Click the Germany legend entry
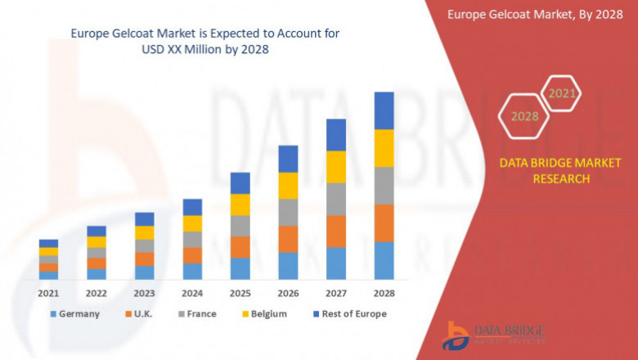coord(75,313)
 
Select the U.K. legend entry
coord(139,313)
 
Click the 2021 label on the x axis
coord(48,293)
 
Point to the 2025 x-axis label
coord(240,293)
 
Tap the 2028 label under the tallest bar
coord(384,293)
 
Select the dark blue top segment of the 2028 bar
coord(384,110)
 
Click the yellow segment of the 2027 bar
coord(336,167)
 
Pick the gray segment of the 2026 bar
coord(288,212)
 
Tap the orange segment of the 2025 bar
coord(240,247)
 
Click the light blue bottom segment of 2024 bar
coord(192,272)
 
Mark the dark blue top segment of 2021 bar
coord(48,243)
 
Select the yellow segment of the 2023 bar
coord(144,232)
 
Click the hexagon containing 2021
coord(561,94)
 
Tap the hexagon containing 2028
coord(525,116)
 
